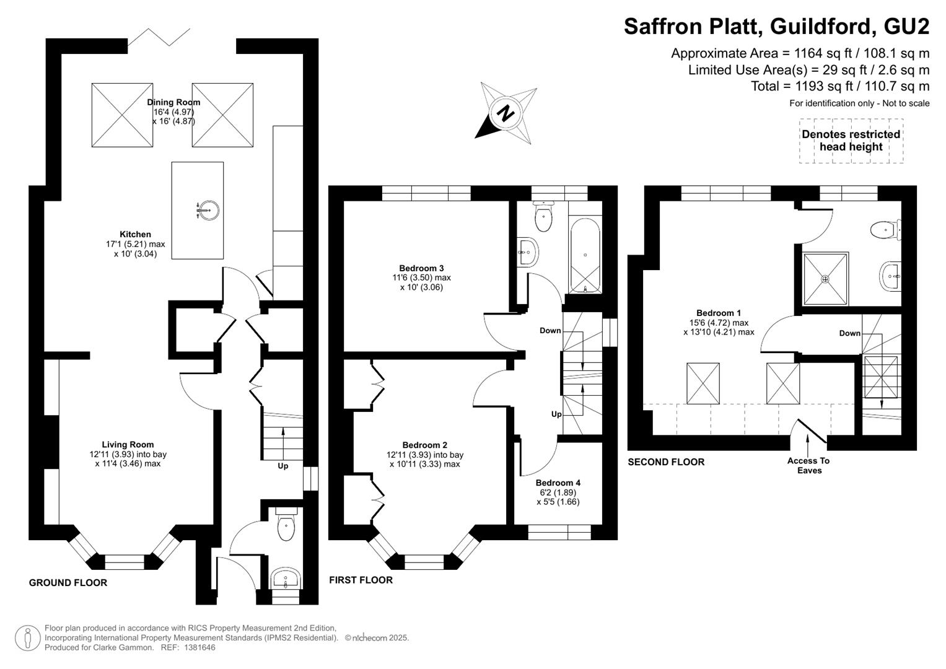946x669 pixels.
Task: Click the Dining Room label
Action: [x=173, y=102]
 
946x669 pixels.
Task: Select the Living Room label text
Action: [x=128, y=444]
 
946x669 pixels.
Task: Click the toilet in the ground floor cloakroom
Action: [x=286, y=525]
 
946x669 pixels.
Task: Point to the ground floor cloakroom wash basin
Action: [x=286, y=578]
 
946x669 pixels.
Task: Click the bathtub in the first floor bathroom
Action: [x=585, y=255]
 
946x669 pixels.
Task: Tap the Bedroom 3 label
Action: [x=421, y=268]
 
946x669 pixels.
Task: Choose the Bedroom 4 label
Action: [x=558, y=483]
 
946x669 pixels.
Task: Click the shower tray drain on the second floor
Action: [x=825, y=279]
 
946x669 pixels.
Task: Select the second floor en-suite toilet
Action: [x=886, y=230]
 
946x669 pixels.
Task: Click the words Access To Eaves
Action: [x=808, y=465]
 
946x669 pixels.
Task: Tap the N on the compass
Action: [x=505, y=113]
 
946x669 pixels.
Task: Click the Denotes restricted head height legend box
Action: [x=851, y=141]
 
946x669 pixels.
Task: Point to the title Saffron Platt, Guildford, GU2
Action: [x=777, y=26]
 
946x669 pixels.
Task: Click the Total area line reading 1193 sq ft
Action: [x=840, y=86]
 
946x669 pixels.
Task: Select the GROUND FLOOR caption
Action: [x=68, y=583]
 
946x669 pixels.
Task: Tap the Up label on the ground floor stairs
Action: [x=282, y=466]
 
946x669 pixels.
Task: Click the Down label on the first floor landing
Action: [x=550, y=331]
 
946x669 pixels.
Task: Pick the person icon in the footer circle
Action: [x=27, y=638]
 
